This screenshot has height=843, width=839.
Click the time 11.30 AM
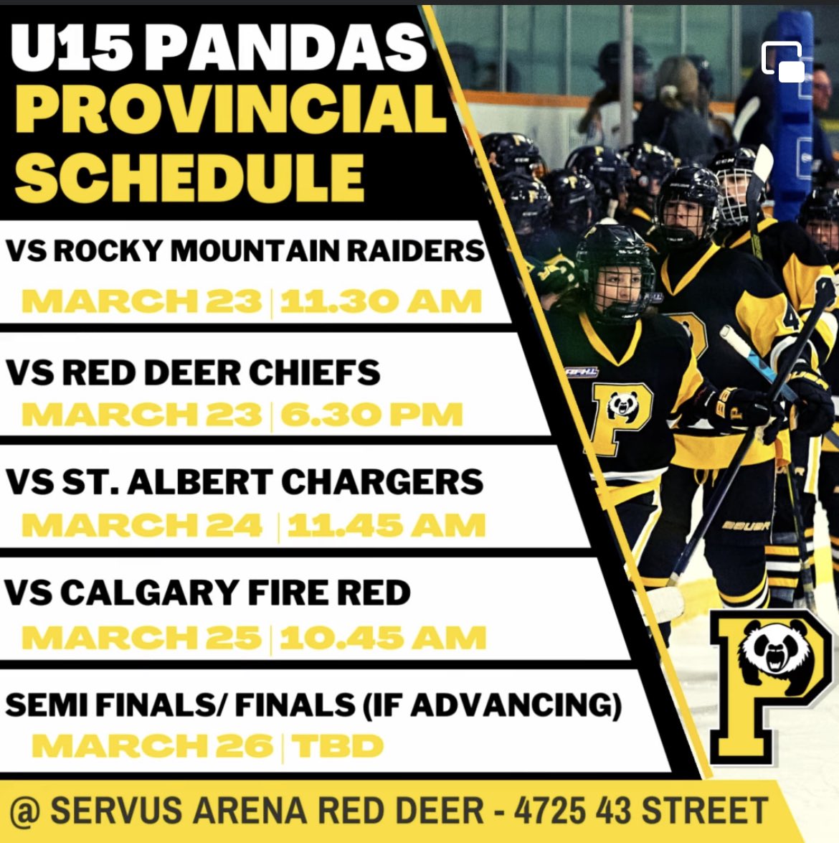(x=380, y=302)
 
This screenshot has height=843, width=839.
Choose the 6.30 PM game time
(x=371, y=415)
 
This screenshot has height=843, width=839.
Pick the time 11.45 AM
(x=386, y=526)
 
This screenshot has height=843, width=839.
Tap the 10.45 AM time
(x=382, y=638)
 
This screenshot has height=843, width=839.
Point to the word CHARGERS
(x=381, y=482)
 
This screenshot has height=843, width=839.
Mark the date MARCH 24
(x=141, y=526)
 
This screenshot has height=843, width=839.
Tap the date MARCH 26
(x=151, y=746)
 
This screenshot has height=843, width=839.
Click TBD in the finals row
(x=337, y=746)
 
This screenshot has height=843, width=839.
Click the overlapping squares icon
(x=782, y=62)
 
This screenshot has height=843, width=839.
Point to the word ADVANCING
(x=515, y=705)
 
